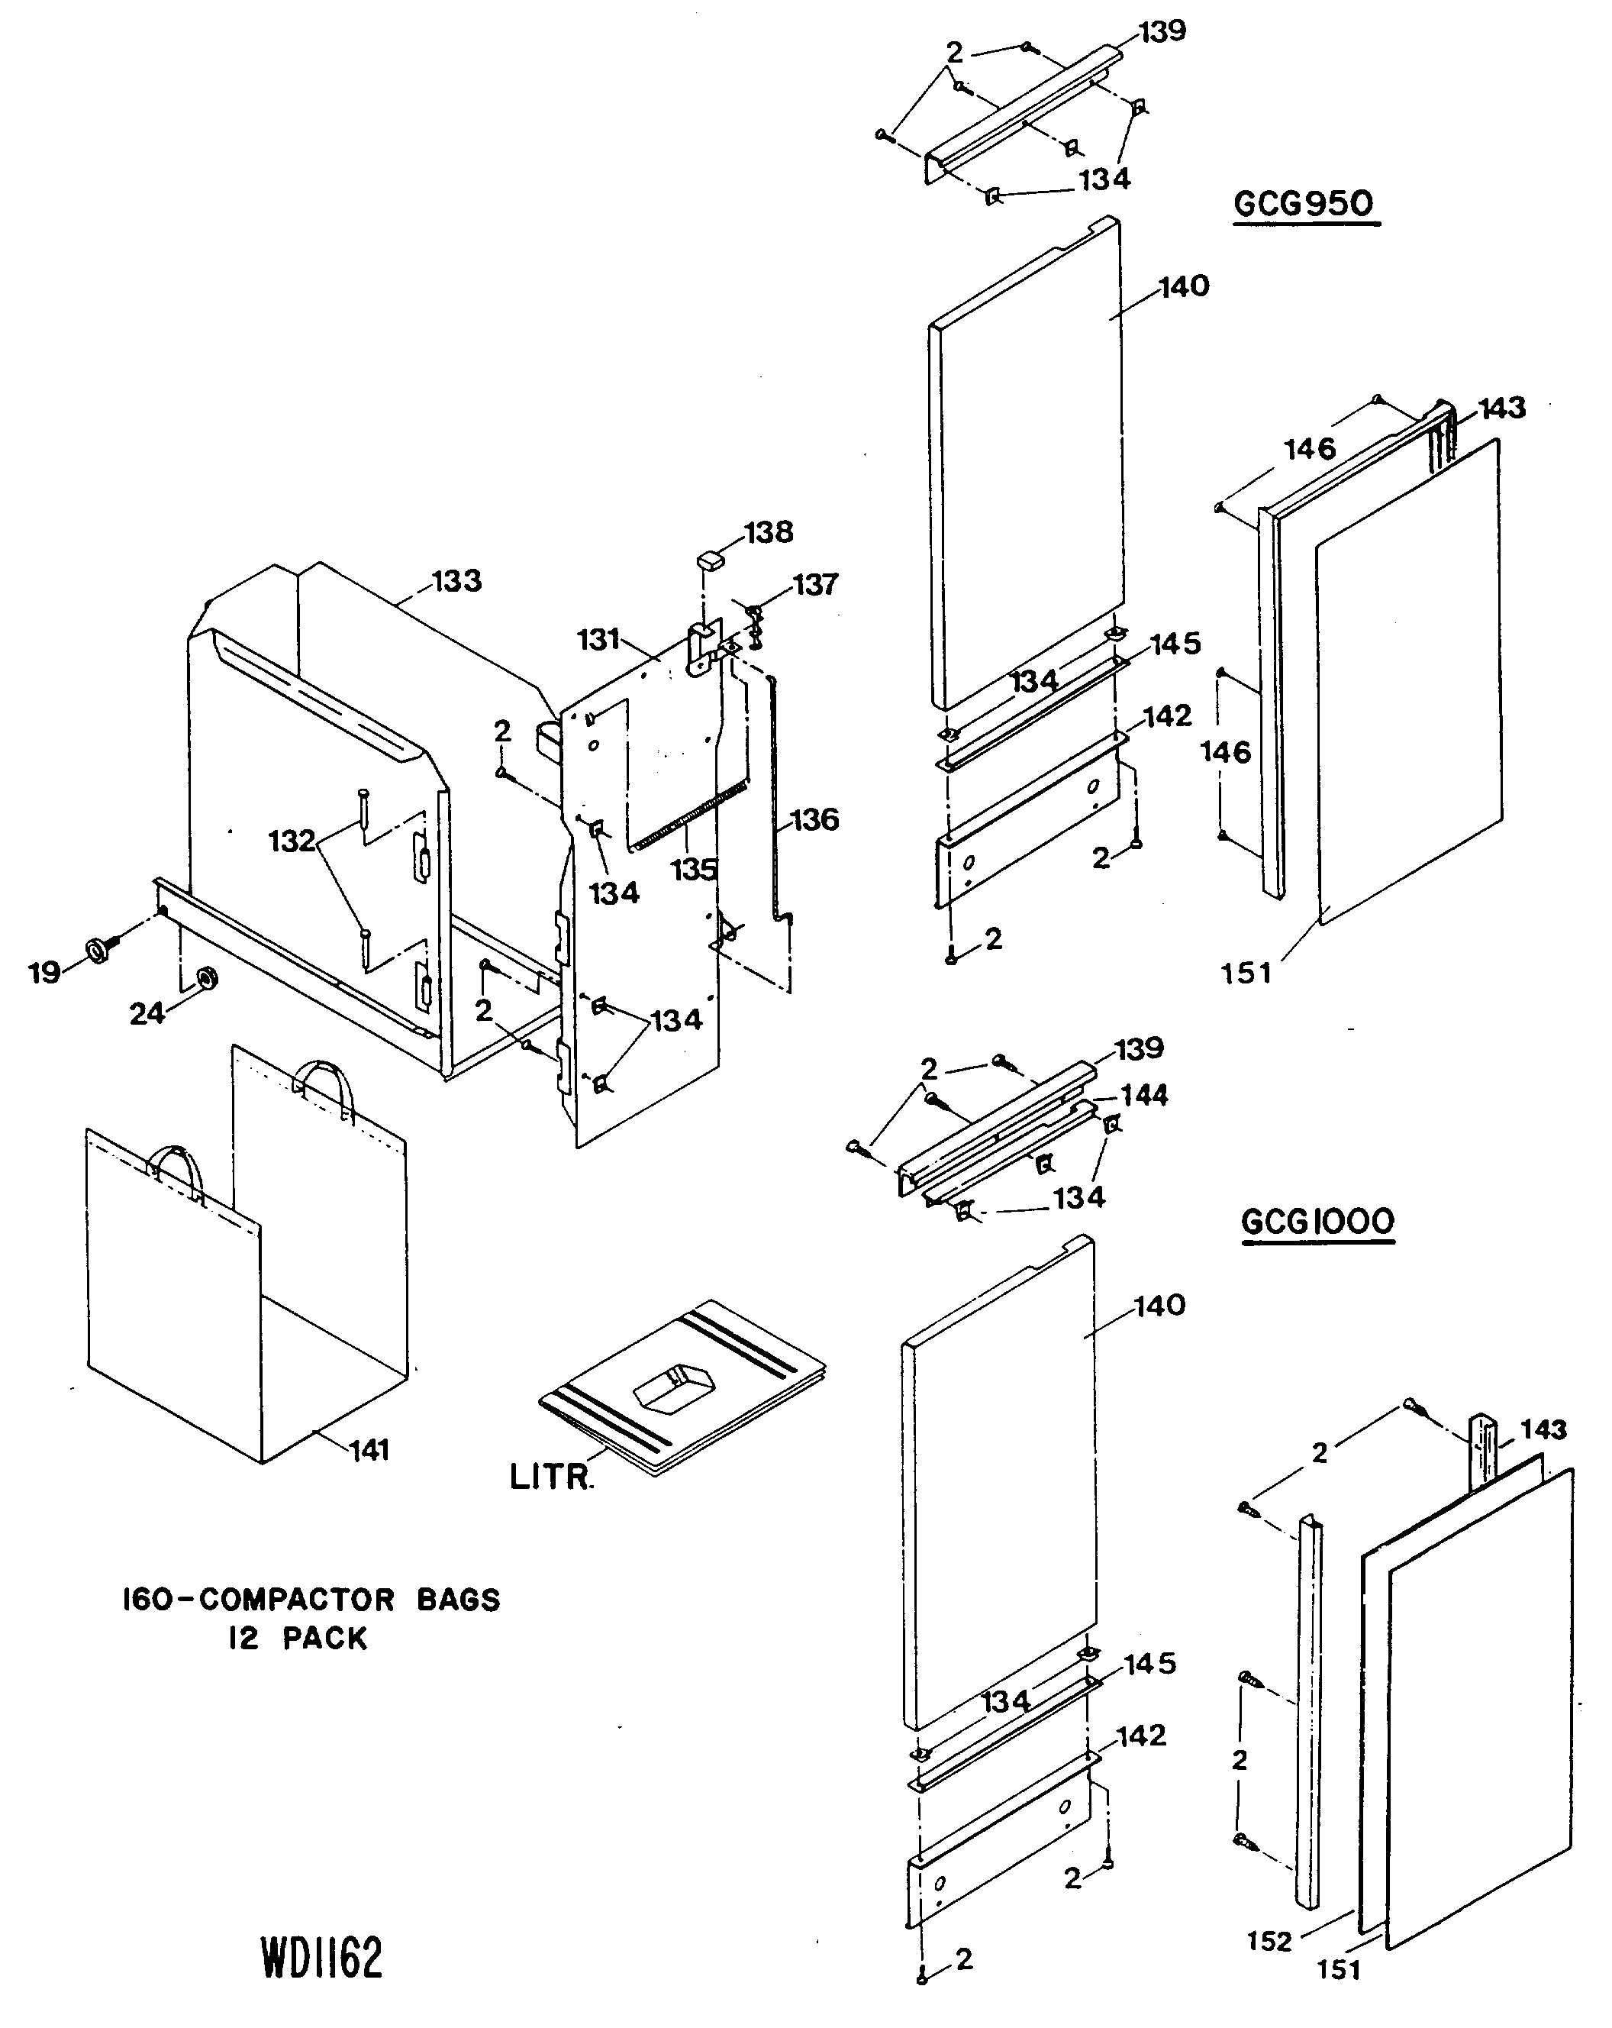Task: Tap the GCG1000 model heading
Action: pyautogui.click(x=1317, y=1222)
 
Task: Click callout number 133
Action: pyautogui.click(x=456, y=581)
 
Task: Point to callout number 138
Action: pyautogui.click(x=769, y=532)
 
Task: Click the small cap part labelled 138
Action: pyautogui.click(x=712, y=560)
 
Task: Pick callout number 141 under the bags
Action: pyautogui.click(x=369, y=1451)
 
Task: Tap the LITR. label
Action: pyautogui.click(x=551, y=1477)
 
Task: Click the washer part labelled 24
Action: pyautogui.click(x=206, y=979)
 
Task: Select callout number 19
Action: pyautogui.click(x=44, y=972)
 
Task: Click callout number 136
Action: pyautogui.click(x=814, y=820)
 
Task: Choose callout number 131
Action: pyautogui.click(x=598, y=640)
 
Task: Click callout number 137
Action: pyautogui.click(x=814, y=585)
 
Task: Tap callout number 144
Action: pyautogui.click(x=1145, y=1095)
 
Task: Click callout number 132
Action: pyautogui.click(x=292, y=840)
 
